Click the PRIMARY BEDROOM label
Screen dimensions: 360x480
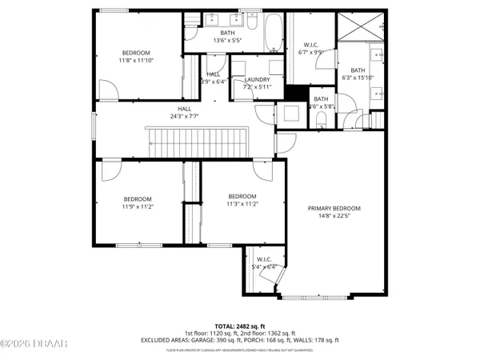click(334, 208)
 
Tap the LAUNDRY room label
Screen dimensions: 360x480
click(258, 79)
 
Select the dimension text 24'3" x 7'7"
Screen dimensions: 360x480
click(185, 117)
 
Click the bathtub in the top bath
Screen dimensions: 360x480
click(272, 34)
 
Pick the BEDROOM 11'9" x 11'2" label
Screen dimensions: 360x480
click(138, 199)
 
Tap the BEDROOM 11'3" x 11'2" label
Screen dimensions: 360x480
click(242, 197)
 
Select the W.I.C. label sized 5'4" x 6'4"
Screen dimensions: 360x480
click(265, 259)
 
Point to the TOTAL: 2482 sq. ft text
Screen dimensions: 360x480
click(242, 326)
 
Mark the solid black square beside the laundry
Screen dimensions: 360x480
click(297, 93)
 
